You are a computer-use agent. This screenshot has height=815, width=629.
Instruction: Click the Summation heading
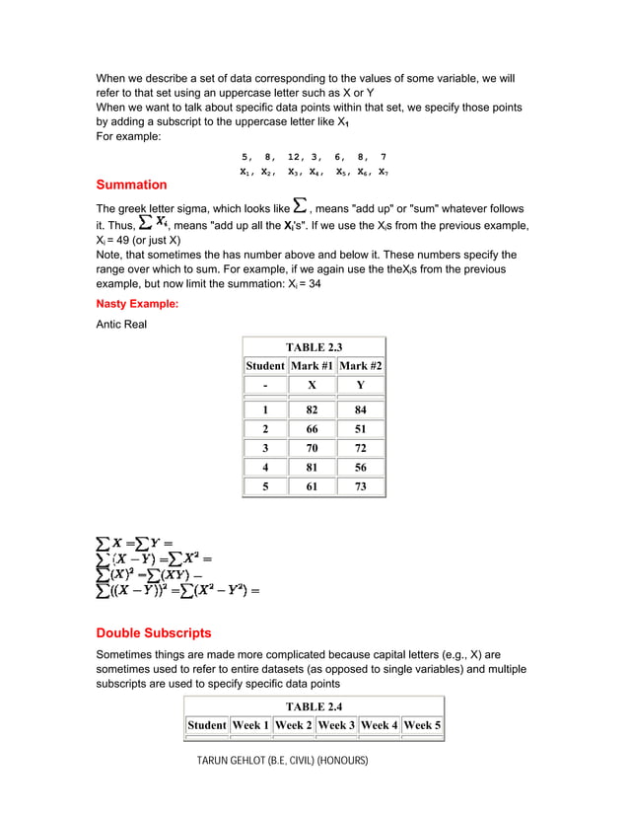131,185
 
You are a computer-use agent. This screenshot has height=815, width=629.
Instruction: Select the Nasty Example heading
137,304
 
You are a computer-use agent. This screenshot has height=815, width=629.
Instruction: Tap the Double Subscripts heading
153,632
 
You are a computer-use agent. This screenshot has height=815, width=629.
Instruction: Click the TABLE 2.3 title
314,347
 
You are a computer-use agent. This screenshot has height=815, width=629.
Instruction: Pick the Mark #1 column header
313,366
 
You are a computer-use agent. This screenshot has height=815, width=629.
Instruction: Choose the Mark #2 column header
360,366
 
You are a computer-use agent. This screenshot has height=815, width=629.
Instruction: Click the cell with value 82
313,409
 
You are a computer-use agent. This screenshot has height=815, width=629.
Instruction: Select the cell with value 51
360,429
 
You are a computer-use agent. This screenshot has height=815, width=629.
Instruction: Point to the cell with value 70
313,448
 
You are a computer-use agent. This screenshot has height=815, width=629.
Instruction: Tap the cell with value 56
360,468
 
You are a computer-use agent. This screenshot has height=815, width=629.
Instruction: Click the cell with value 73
360,486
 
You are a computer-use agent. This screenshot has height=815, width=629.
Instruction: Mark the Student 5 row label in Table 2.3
265,486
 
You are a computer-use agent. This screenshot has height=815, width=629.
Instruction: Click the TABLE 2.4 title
314,706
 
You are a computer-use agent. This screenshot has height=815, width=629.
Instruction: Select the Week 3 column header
336,725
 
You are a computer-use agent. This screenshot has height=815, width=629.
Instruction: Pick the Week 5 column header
422,725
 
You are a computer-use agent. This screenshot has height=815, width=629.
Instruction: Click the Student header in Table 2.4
207,725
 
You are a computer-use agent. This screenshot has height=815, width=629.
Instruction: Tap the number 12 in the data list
295,157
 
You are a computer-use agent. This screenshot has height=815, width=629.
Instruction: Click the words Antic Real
121,324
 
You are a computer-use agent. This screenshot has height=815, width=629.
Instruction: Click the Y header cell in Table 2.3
360,385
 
